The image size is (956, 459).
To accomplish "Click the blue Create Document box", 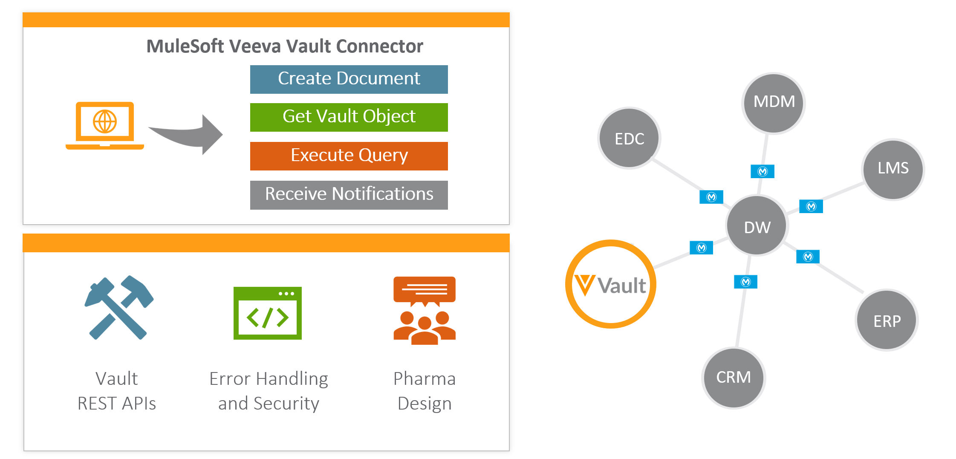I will click(x=349, y=79).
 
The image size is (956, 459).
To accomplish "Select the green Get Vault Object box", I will click(x=349, y=117).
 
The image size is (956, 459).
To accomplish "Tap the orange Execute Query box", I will click(x=349, y=156).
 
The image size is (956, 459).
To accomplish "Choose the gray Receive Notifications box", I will click(x=349, y=195).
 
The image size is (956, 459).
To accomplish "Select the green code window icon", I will click(x=267, y=313).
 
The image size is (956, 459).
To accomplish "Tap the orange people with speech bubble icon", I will click(x=425, y=310).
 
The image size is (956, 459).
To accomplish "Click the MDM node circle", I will click(x=774, y=103).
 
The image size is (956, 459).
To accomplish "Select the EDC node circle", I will click(x=629, y=138).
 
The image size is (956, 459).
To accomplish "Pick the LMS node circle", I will click(x=893, y=169).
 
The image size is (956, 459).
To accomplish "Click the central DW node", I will click(x=757, y=226).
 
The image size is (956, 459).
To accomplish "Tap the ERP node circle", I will click(x=887, y=320).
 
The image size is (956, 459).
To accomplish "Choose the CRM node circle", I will click(x=734, y=378).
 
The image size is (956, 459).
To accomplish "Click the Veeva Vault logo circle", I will click(x=611, y=284).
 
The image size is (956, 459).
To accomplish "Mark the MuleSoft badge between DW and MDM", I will click(x=762, y=171).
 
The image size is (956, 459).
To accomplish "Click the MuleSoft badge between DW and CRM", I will click(x=745, y=282).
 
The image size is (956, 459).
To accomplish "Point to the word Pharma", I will click(x=424, y=378).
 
